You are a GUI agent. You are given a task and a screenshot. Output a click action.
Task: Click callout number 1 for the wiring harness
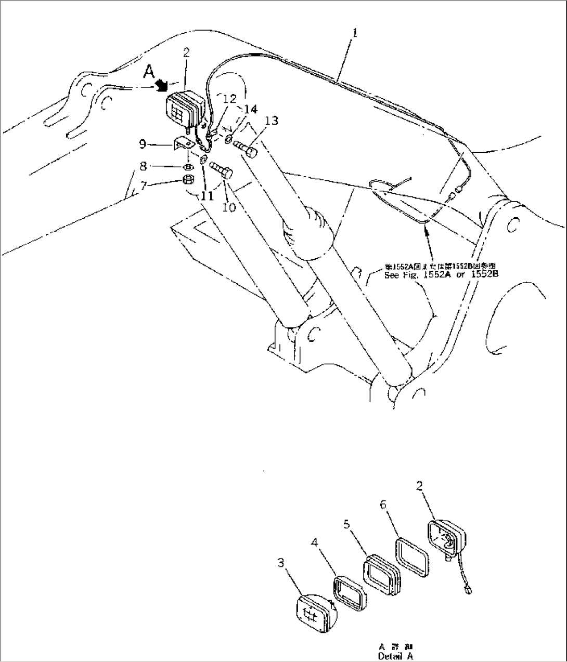[x=354, y=33]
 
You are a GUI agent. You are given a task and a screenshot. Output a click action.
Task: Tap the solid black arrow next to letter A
[x=162, y=85]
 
